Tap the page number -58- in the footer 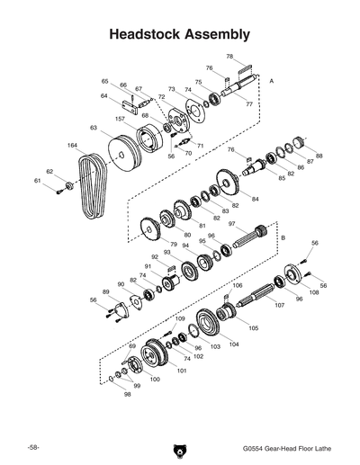coord(32,446)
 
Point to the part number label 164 coord(71,145)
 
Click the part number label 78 coord(229,57)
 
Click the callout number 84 coord(255,198)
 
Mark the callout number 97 coord(231,223)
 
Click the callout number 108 coord(313,292)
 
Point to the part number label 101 coord(181,370)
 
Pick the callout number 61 coord(38,182)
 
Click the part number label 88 coord(319,155)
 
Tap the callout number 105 coord(253,328)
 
